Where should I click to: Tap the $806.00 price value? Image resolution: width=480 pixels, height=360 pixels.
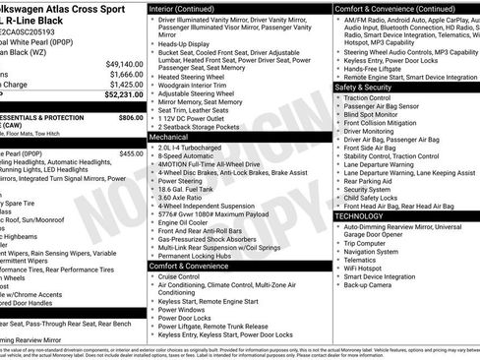coord(130,116)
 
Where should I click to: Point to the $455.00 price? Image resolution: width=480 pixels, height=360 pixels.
coord(130,153)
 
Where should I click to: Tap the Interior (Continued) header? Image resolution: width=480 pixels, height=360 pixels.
coord(191,7)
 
